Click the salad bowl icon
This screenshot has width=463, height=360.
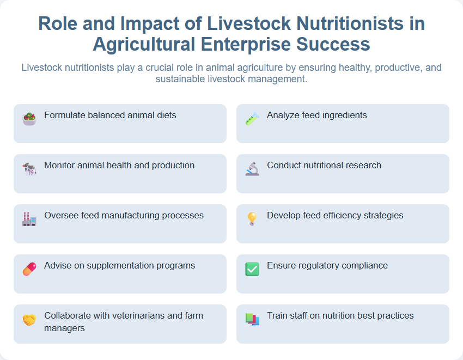coord(29,119)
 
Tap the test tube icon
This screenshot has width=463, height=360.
coord(252,119)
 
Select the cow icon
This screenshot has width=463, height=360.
coord(29,169)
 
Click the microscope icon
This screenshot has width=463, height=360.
coord(252,169)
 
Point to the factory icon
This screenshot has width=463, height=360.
coord(29,219)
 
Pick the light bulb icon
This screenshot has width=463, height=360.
coord(252,219)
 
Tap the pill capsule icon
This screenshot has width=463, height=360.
coord(29,269)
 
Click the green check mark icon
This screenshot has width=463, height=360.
coord(252,269)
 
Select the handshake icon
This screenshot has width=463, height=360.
coord(29,320)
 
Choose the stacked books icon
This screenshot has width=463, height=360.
coord(252,320)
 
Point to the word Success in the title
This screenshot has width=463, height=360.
coord(333,44)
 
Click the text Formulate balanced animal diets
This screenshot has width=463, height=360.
coord(110,115)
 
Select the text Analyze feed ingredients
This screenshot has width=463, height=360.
coord(316,115)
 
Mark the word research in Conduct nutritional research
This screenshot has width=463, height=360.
coord(362,165)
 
